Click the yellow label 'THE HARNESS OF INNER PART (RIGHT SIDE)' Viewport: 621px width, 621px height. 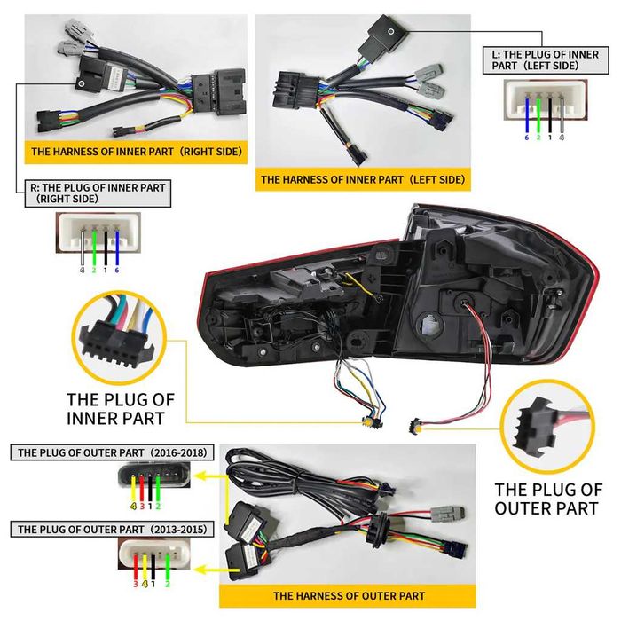[136, 152]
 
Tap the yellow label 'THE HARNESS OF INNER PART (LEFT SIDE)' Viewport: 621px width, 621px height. [362, 179]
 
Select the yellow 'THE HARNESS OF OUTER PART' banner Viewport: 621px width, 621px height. [348, 595]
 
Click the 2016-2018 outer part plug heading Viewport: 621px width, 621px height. [112, 452]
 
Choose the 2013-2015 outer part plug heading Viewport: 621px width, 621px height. [112, 529]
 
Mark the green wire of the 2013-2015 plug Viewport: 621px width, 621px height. [166, 564]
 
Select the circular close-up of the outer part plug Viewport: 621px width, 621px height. [542, 424]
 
